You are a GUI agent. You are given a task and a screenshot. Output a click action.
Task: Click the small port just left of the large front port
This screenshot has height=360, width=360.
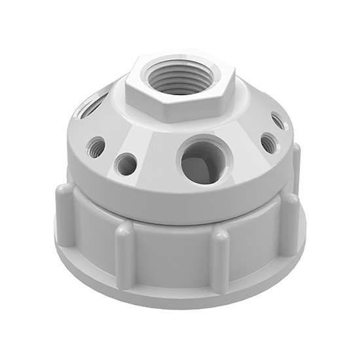[x=126, y=163]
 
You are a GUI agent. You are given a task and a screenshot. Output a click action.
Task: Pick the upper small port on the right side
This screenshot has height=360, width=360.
[x=278, y=121]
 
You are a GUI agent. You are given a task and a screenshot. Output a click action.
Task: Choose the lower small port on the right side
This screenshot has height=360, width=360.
[x=268, y=143]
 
